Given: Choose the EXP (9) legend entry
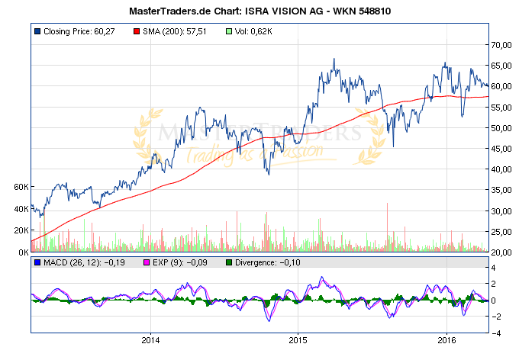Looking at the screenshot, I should pyautogui.click(x=171, y=262).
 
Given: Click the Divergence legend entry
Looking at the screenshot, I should pyautogui.click(x=266, y=262).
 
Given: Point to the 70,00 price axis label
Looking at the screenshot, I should pyautogui.click(x=503, y=45).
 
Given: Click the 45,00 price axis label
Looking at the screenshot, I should pyautogui.click(x=503, y=149).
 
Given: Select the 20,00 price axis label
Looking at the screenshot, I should pyautogui.click(x=503, y=252).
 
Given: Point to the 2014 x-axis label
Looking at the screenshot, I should pyautogui.click(x=151, y=339).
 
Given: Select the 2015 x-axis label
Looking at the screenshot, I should pyautogui.click(x=298, y=339).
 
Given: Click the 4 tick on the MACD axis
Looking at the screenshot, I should pyautogui.click(x=495, y=268).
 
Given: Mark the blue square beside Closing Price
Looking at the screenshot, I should pyautogui.click(x=37, y=32).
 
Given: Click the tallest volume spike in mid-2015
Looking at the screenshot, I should pyautogui.click(x=388, y=204).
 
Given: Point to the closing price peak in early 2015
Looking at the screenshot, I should pyautogui.click(x=334, y=59).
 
